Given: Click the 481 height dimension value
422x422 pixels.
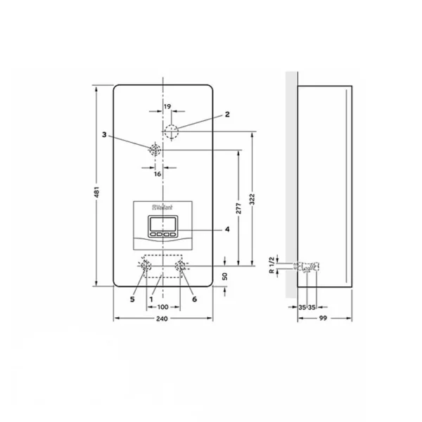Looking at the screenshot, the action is click(97, 192).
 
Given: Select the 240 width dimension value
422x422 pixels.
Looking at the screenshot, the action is click(162, 319).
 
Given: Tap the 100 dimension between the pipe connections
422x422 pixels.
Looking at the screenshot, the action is click(162, 307).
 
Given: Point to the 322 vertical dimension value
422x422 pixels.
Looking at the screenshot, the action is click(252, 199).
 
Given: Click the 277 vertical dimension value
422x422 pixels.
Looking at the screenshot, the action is click(238, 209).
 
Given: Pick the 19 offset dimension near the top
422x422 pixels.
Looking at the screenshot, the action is click(167, 107).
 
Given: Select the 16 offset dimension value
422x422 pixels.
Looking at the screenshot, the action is click(158, 174).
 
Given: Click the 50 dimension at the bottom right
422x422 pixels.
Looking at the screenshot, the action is click(225, 276).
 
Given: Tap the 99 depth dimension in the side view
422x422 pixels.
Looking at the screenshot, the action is click(323, 318).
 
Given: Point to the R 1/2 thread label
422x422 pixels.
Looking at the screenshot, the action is click(271, 265).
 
